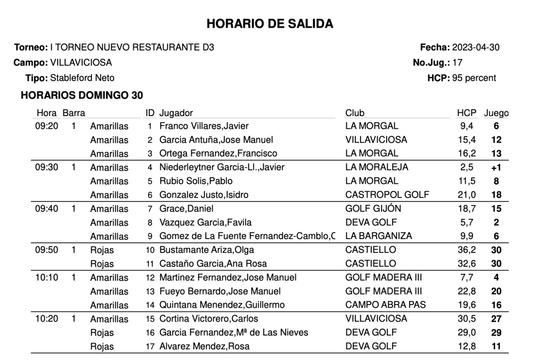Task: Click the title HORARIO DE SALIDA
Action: (x=269, y=24)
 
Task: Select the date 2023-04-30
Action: (x=476, y=47)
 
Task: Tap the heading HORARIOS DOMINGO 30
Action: (x=82, y=96)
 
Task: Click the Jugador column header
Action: (x=176, y=113)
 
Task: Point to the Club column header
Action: (x=355, y=113)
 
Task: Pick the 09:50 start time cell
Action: (x=46, y=250)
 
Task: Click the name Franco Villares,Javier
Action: (x=204, y=126)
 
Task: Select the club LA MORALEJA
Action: (x=377, y=167)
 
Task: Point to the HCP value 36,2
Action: (x=466, y=250)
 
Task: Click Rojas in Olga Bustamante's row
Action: (x=102, y=250)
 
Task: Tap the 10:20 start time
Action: (x=46, y=319)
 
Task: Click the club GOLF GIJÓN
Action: (x=373, y=209)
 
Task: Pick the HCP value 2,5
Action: (x=468, y=167)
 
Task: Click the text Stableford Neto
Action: (x=82, y=78)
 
